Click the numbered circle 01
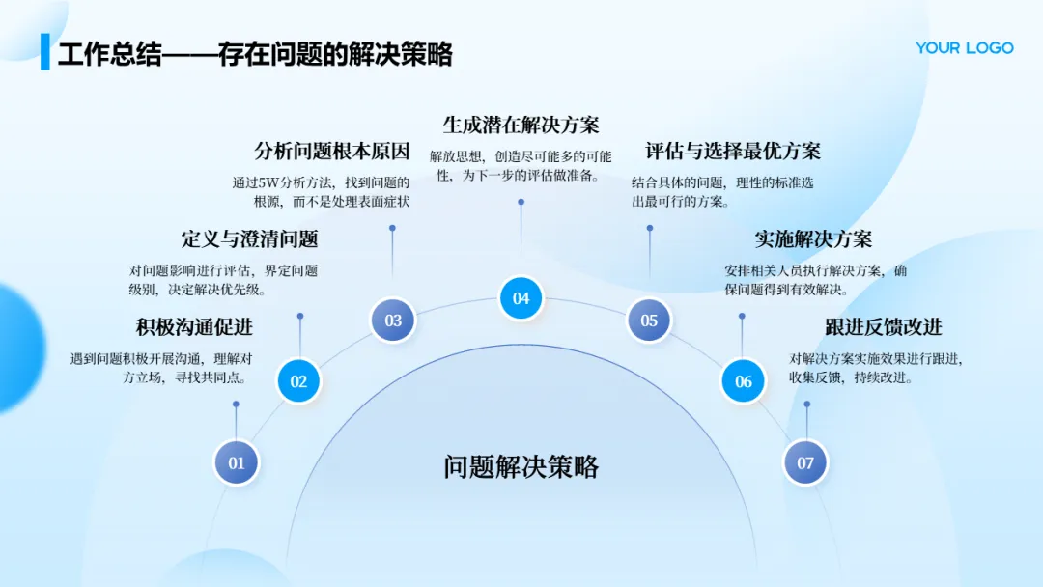[237, 462]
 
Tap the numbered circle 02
[298, 381]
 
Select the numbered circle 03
[393, 321]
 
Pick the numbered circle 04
[521, 298]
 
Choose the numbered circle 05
[649, 321]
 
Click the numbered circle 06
[743, 381]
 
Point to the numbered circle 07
[805, 462]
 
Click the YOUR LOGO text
[964, 47]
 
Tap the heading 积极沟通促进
[194, 327]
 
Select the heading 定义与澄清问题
[249, 238]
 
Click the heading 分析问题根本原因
[332, 151]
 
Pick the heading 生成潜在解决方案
[521, 125]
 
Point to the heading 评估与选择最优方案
[733, 151]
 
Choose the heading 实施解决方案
[813, 238]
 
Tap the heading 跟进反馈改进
[883, 327]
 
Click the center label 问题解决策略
[521, 467]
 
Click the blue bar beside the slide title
[44, 52]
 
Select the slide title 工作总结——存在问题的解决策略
[255, 53]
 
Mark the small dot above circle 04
[521, 202]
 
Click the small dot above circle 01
[236, 405]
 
